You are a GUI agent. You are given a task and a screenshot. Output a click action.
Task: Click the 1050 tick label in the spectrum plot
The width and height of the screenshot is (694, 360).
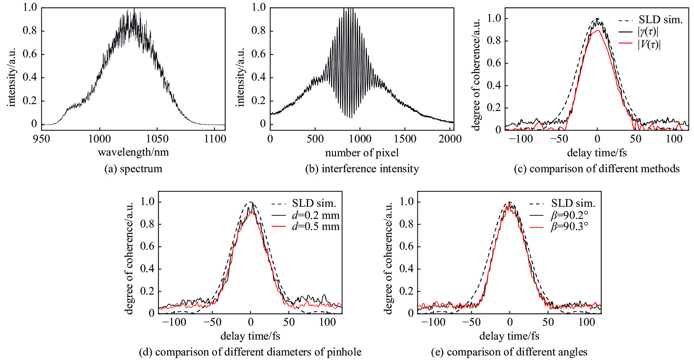click(157, 139)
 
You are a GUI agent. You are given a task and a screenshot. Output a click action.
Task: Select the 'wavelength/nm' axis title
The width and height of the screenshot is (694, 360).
click(133, 152)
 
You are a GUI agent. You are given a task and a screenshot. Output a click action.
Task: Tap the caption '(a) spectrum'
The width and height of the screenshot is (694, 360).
click(133, 169)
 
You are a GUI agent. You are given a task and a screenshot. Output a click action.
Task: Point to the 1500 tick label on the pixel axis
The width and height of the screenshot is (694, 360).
click(405, 139)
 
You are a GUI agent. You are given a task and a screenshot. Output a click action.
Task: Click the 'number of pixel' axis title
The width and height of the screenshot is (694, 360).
click(362, 153)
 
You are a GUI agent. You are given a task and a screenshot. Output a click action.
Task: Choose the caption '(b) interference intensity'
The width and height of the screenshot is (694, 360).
click(362, 169)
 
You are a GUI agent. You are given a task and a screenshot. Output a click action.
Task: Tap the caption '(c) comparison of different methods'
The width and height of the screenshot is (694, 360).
click(597, 169)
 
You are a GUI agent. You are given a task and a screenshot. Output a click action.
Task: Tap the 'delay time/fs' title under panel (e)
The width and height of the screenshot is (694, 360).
click(509, 336)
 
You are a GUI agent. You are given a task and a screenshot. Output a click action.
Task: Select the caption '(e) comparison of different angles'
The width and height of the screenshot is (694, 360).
click(509, 352)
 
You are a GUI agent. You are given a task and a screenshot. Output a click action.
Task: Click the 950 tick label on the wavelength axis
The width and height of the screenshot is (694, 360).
click(41, 139)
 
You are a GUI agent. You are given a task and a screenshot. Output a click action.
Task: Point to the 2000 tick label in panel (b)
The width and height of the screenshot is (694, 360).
click(450, 139)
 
